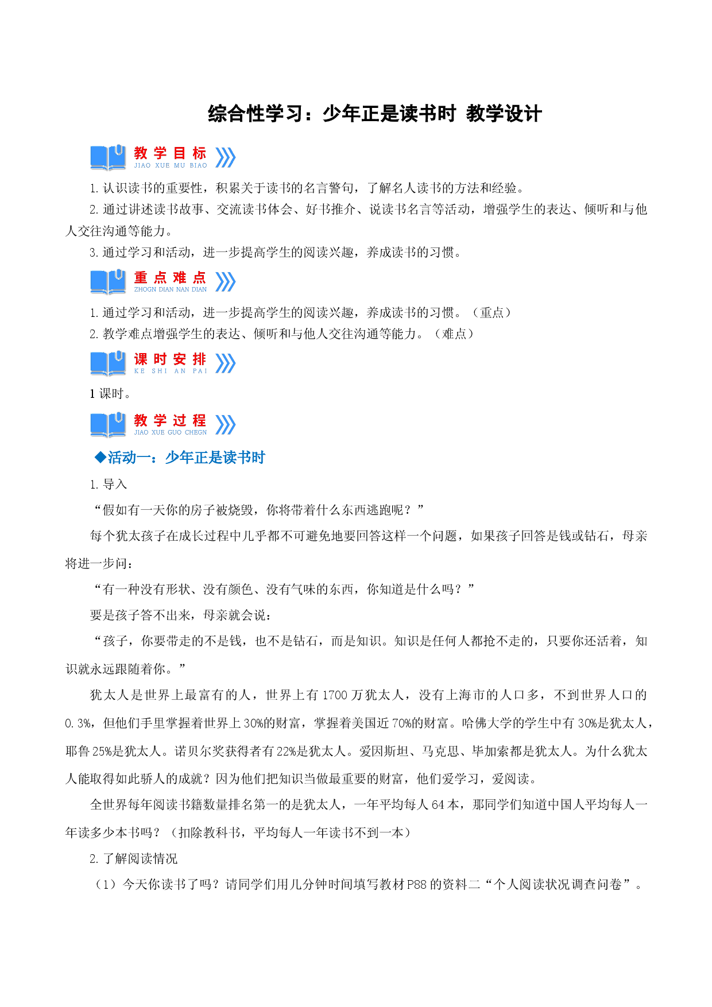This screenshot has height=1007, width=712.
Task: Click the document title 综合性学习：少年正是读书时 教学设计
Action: (x=374, y=114)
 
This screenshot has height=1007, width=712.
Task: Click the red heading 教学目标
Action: (x=170, y=153)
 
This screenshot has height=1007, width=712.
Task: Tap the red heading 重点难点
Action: (x=170, y=278)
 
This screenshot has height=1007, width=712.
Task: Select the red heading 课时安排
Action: (x=170, y=359)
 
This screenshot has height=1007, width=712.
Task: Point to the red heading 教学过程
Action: (x=170, y=421)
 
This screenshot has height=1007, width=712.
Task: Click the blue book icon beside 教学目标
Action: (x=108, y=157)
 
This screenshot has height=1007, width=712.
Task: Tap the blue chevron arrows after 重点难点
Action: (x=226, y=282)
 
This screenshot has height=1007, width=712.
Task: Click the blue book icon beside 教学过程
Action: (x=108, y=425)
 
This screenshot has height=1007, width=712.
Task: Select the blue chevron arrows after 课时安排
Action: (x=226, y=363)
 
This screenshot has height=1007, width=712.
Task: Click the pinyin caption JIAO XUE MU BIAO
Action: (x=171, y=165)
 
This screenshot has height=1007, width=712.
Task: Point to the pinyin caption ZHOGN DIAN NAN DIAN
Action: (x=171, y=290)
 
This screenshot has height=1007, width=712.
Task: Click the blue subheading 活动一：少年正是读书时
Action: (x=187, y=458)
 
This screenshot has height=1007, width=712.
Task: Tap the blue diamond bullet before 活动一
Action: (x=100, y=458)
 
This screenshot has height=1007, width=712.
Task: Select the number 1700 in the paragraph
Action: (x=335, y=695)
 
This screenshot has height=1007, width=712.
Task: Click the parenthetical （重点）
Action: (x=492, y=313)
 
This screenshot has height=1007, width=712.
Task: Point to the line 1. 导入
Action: (x=108, y=485)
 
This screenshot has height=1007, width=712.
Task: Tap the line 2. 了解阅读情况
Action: (x=134, y=859)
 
